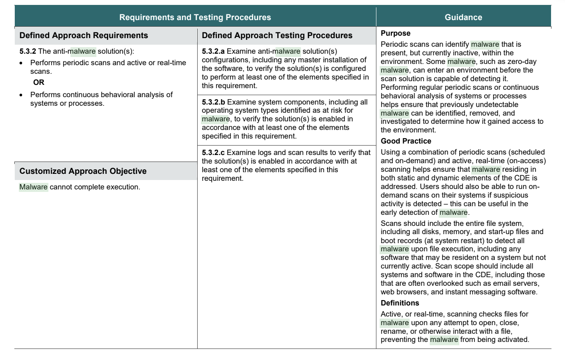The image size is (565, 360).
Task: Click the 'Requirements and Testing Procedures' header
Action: pos(195,17)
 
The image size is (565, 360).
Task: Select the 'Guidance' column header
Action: pos(463,17)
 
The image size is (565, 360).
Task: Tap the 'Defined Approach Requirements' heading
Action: pos(84,35)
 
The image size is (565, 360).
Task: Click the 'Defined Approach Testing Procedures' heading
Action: pos(277,35)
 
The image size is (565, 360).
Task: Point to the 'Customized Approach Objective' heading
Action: pos(83,171)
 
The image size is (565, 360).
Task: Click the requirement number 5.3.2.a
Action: pos(213,51)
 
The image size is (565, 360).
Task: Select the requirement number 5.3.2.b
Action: pos(213,102)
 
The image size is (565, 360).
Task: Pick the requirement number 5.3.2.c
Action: pos(213,153)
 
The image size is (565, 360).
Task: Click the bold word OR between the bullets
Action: pos(39,82)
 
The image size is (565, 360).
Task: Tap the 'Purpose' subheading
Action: pos(395,33)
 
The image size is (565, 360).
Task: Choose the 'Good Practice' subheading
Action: pos(406,141)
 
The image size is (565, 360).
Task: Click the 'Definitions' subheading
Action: pos(400,303)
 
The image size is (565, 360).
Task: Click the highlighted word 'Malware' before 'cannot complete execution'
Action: pos(34,187)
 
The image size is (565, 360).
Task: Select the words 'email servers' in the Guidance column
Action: pos(517,283)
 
